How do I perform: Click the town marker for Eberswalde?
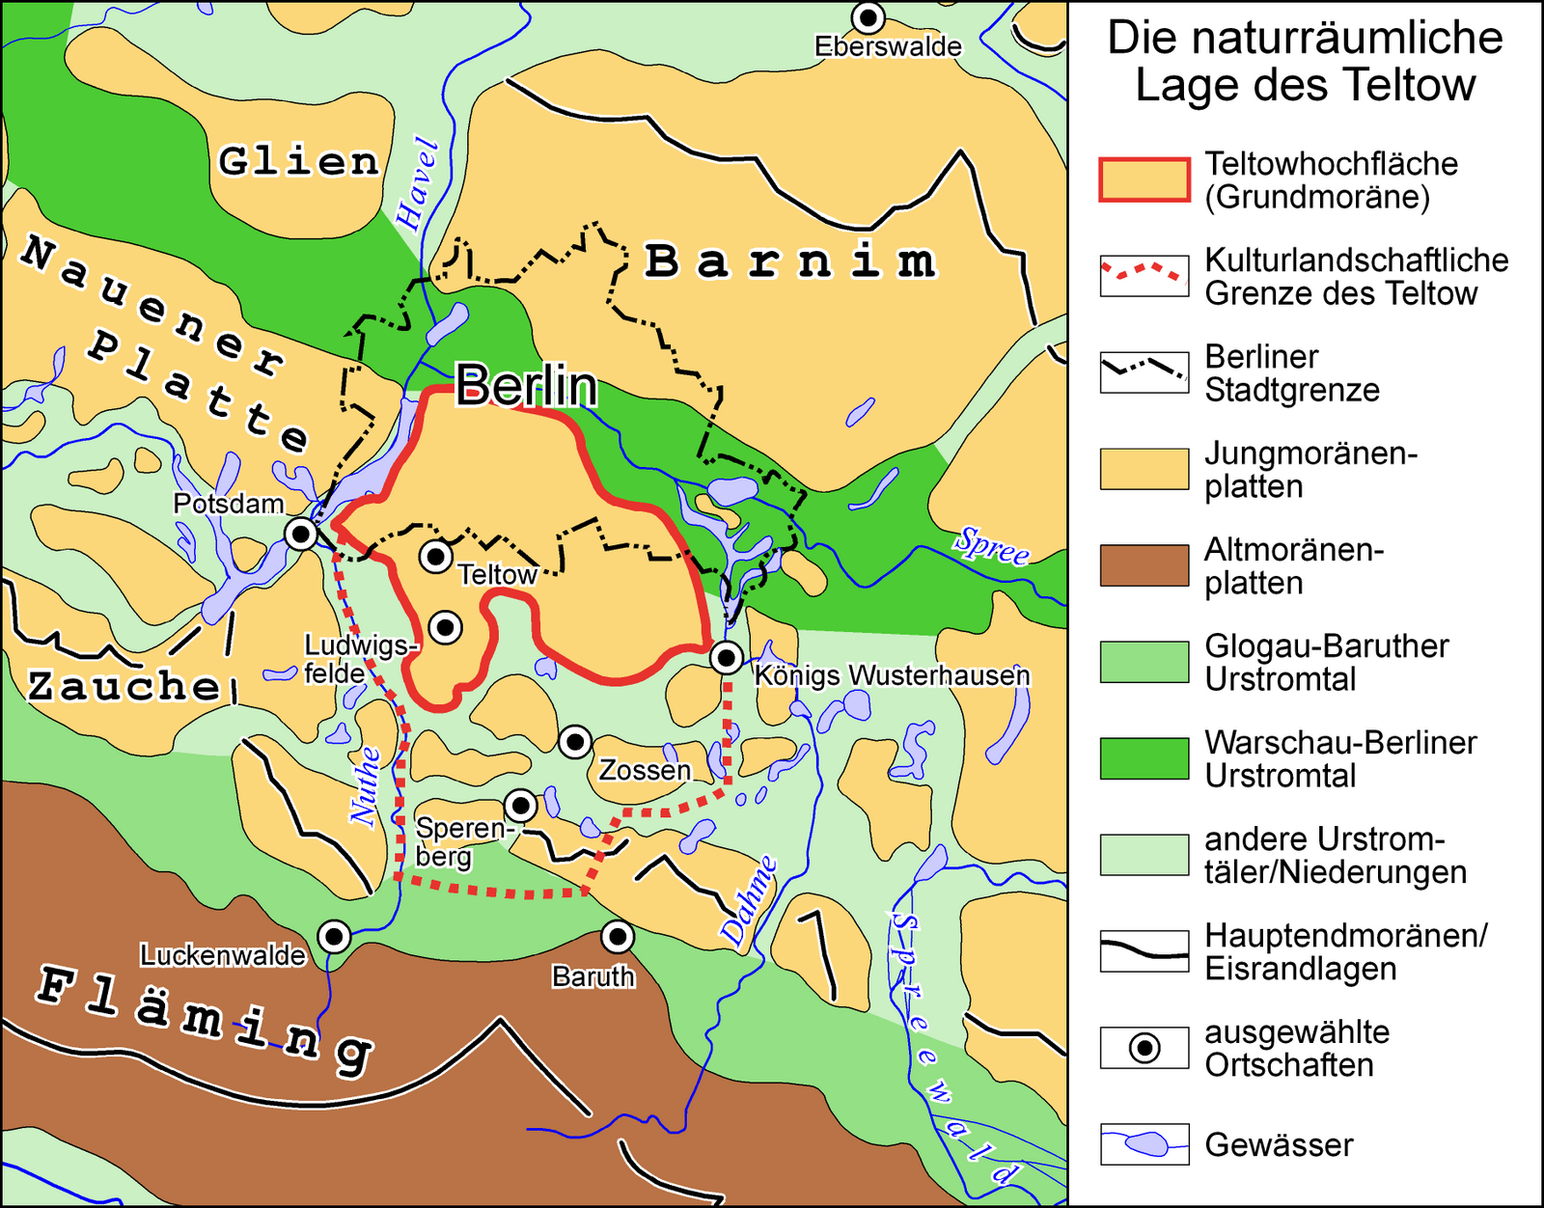868,17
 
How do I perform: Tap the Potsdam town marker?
301,533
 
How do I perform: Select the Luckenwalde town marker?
334,936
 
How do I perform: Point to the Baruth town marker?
617,935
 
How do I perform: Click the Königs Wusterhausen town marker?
726,657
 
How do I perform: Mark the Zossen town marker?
575,741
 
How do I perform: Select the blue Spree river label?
993,546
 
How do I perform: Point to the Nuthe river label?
366,786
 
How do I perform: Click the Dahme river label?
749,901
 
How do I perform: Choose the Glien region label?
298,161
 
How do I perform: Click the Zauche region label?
124,686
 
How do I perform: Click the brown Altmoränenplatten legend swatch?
1144,565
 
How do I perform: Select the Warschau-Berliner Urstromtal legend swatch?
1144,758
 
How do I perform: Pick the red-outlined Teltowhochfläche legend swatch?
1144,179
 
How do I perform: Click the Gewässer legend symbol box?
1144,1144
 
